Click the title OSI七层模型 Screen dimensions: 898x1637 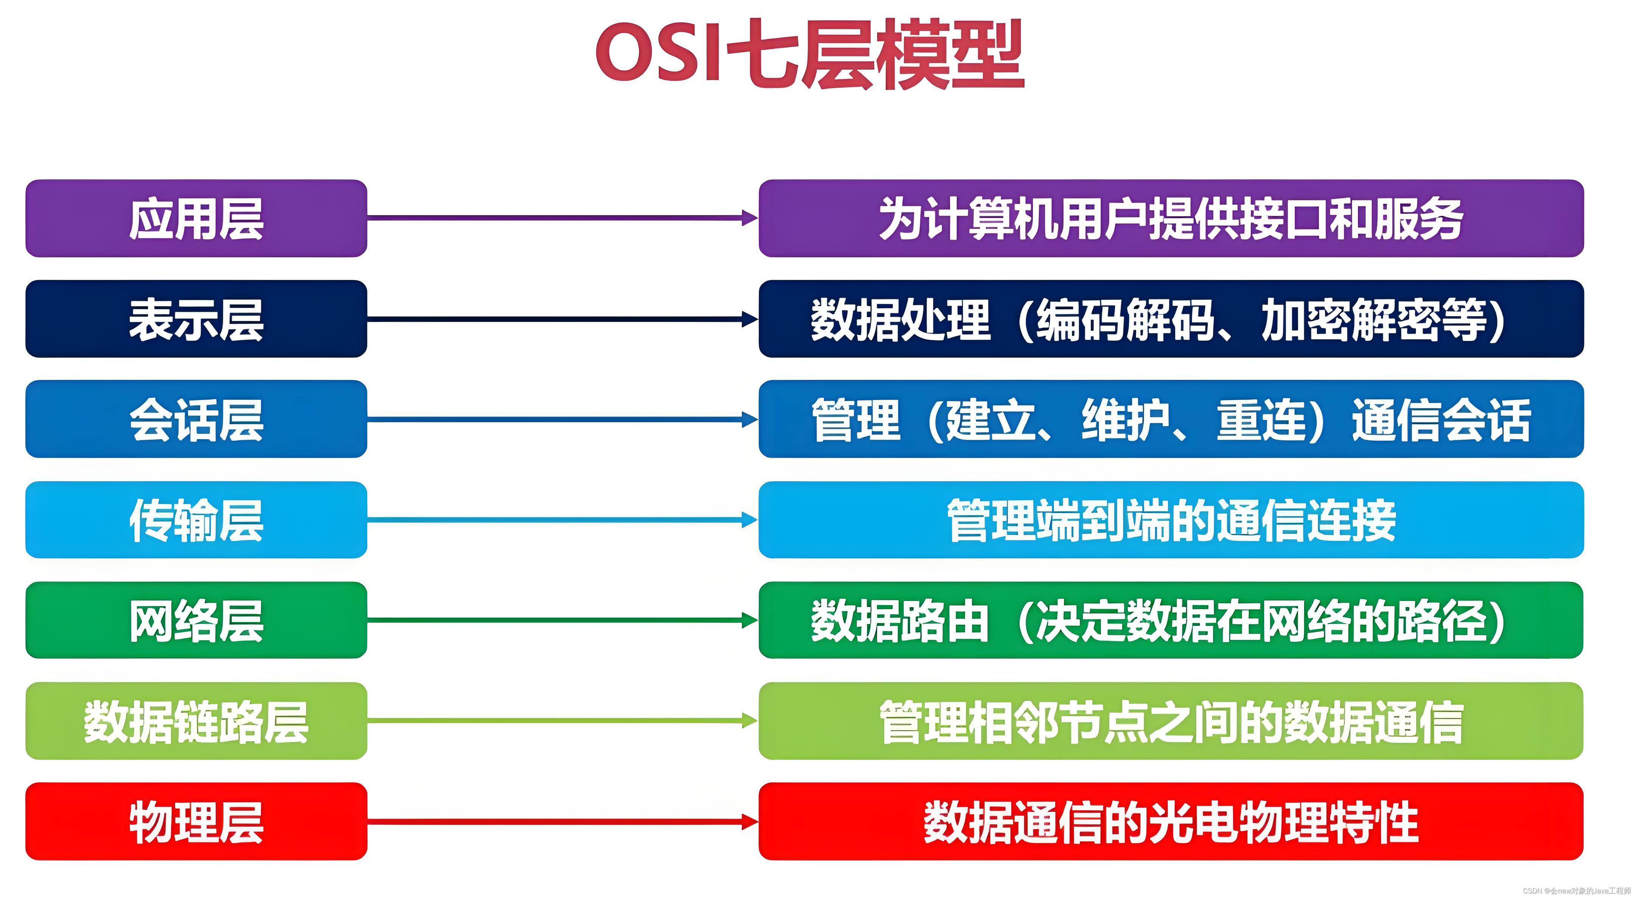click(809, 54)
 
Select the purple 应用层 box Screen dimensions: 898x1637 click(196, 218)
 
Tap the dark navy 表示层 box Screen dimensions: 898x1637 click(196, 319)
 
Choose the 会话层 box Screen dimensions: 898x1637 click(196, 419)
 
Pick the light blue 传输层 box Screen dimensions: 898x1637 click(196, 520)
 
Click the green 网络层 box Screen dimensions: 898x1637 click(196, 620)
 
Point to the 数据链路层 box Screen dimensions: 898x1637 click(196, 721)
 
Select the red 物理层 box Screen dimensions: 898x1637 click(196, 821)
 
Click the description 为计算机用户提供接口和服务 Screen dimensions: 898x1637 click(1171, 218)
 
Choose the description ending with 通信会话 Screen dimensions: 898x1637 click(1171, 419)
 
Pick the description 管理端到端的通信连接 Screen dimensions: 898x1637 click(1171, 520)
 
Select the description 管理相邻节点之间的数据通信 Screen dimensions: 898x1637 click(1171, 721)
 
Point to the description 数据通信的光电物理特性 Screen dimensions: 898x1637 click(1171, 821)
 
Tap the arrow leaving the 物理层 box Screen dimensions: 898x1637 click(562, 822)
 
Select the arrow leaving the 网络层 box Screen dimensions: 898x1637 click(562, 620)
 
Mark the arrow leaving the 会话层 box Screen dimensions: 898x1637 click(562, 419)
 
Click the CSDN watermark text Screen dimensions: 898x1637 click(1576, 890)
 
